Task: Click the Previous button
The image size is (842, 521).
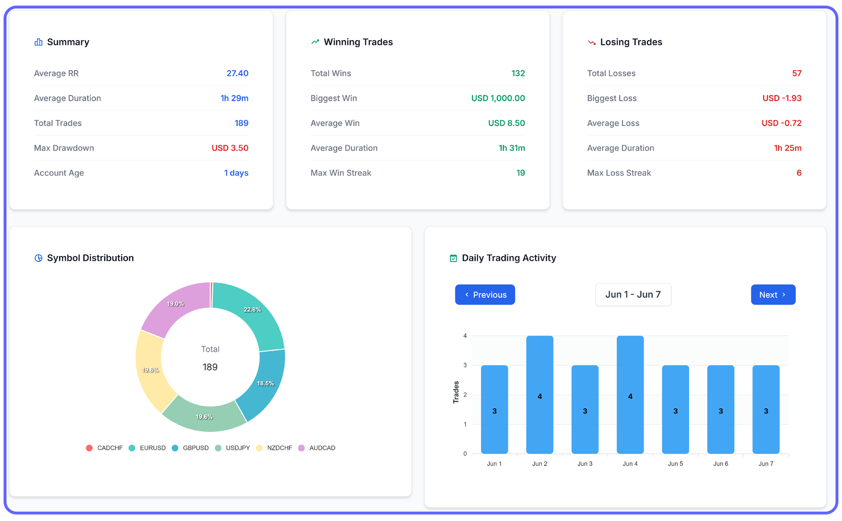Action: pos(485,295)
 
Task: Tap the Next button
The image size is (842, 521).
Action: pos(773,295)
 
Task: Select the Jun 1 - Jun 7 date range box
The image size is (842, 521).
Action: pos(633,295)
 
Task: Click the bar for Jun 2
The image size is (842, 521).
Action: pos(539,395)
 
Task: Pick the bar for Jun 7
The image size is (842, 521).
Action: pos(766,409)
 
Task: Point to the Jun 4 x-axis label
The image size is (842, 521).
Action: pos(630,464)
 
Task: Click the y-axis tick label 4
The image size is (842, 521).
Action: pos(465,336)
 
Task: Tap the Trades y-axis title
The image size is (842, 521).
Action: pos(456,392)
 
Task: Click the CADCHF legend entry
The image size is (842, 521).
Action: pos(104,448)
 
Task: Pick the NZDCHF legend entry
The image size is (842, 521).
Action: pos(274,448)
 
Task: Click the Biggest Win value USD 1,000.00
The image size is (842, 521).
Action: pos(498,99)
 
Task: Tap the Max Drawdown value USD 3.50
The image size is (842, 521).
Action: pos(230,148)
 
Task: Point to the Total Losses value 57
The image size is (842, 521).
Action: pos(797,73)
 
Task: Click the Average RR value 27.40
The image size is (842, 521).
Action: pos(237,73)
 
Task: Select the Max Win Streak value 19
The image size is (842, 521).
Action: pos(520,173)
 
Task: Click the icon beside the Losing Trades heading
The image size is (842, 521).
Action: pos(592,42)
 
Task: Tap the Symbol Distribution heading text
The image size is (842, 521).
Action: pos(91,258)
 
